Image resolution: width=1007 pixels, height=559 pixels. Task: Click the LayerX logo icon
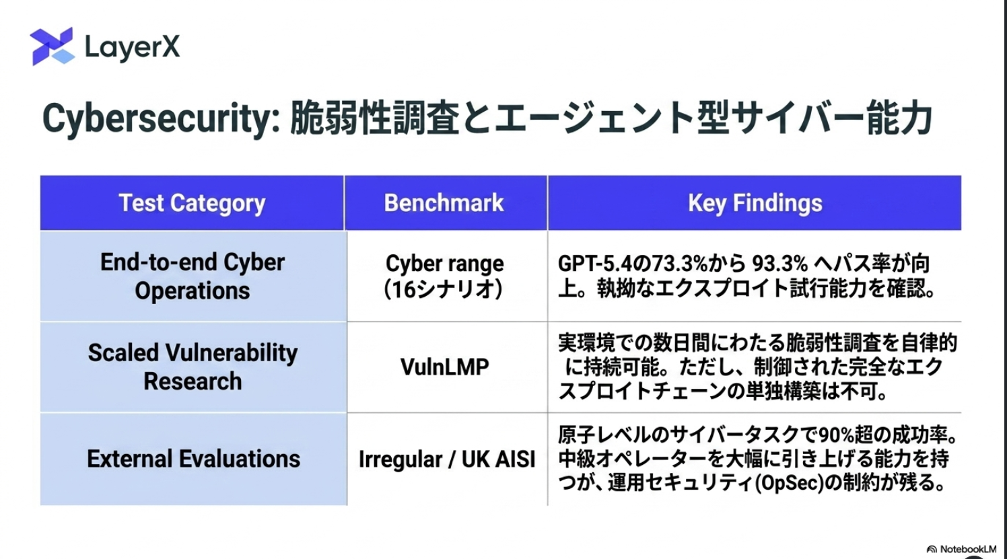[52, 46]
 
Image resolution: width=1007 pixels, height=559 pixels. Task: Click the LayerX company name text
[132, 47]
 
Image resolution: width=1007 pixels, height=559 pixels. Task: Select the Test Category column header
[192, 203]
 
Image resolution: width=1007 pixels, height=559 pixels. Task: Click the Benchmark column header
[444, 202]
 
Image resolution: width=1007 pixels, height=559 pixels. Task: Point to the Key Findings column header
[755, 203]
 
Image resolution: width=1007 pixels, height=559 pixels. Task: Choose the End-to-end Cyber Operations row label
[193, 276]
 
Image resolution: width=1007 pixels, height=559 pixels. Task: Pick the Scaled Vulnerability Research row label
[193, 367]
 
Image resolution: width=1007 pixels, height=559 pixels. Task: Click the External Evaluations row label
[193, 459]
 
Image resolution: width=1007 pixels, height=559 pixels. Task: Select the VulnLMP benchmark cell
[445, 367]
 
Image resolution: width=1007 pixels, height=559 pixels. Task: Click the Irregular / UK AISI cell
[447, 459]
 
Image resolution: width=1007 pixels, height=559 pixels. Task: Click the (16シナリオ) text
[444, 290]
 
